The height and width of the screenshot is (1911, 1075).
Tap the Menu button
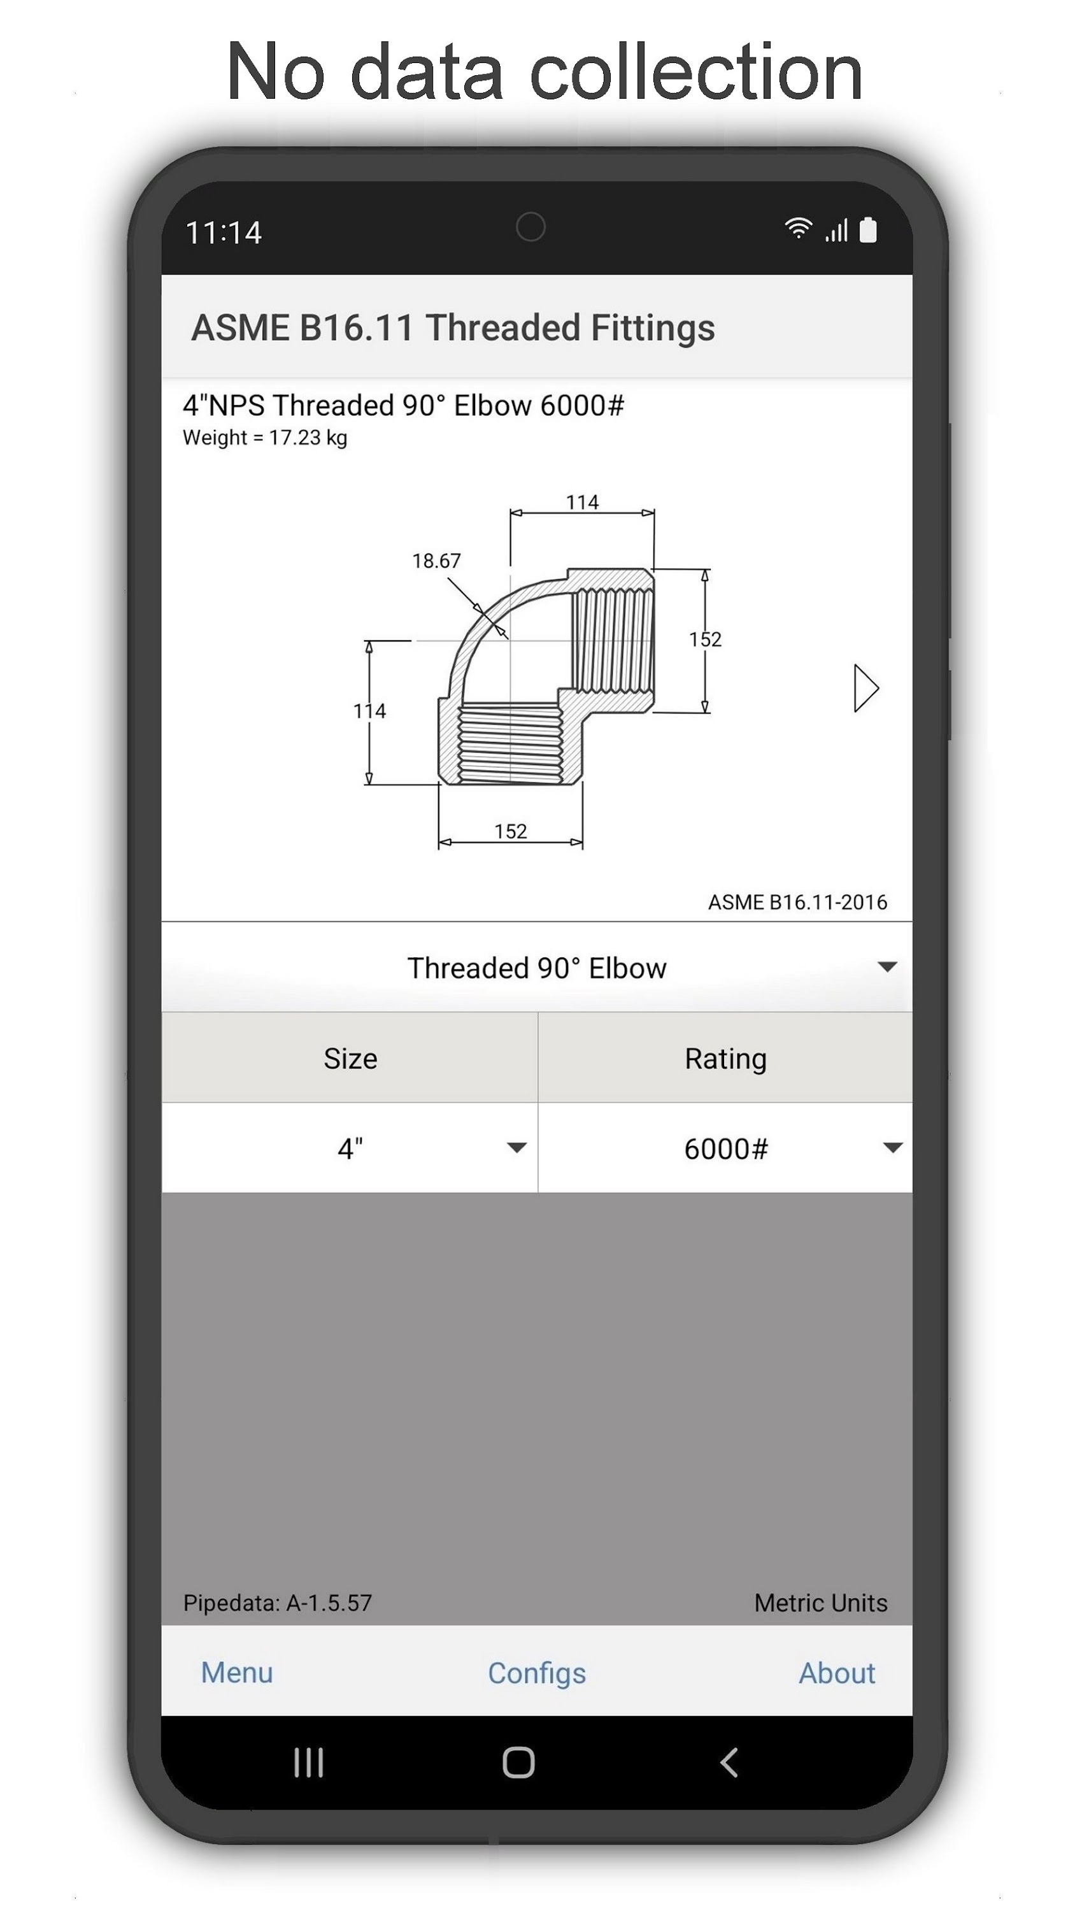237,1673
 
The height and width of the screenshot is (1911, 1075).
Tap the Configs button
536,1673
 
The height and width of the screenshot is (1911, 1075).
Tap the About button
836,1673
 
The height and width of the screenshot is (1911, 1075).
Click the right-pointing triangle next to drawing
865,689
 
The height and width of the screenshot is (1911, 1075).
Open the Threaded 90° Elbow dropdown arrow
886,966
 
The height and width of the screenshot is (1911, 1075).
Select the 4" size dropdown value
350,1149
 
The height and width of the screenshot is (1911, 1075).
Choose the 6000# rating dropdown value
725,1149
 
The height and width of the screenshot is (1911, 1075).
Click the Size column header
350,1058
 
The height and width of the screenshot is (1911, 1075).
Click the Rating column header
725,1058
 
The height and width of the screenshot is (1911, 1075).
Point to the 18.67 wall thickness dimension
436,561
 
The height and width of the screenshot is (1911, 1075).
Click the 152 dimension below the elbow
510,831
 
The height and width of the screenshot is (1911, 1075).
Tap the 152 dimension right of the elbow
705,639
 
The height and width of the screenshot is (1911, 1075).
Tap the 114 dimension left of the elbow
369,711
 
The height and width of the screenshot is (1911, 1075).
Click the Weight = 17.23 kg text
265,438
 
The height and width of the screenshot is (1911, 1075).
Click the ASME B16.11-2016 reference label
797,902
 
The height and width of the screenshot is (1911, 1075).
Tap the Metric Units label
820,1603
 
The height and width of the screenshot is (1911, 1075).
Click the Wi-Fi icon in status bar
797,229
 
